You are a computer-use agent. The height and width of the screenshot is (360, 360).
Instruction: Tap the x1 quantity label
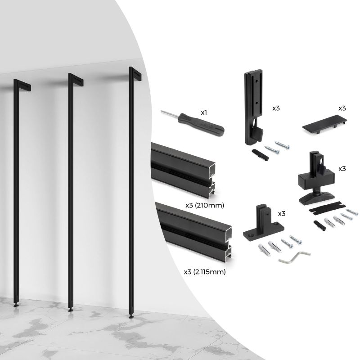(x=204, y=111)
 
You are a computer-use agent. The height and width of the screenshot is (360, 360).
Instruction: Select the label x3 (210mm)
(x=205, y=205)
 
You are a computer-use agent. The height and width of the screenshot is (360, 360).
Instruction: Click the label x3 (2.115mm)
(x=205, y=272)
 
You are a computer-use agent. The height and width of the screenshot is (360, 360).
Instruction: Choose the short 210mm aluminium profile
(x=184, y=169)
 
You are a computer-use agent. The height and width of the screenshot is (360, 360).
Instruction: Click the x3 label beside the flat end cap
(x=342, y=108)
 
